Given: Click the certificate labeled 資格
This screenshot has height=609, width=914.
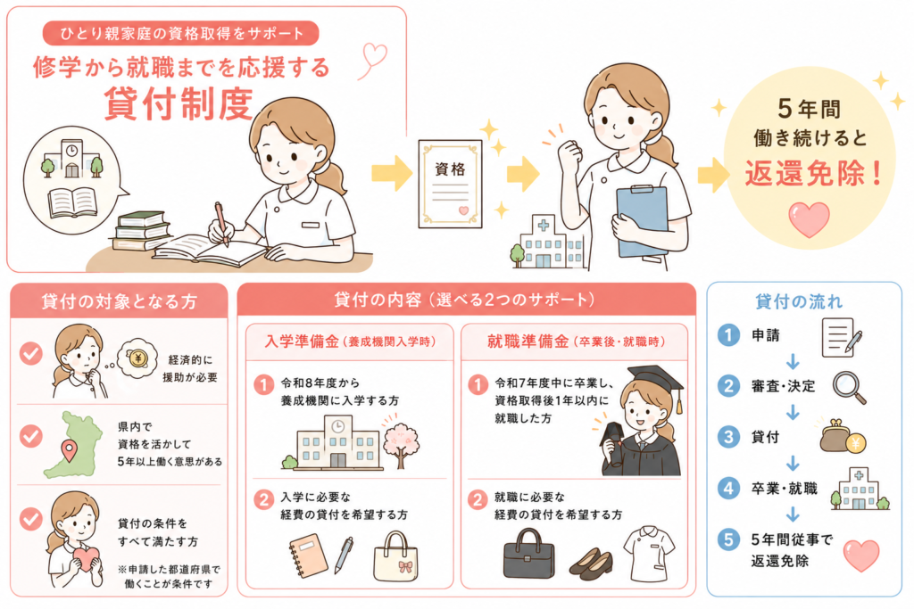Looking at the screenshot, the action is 450,184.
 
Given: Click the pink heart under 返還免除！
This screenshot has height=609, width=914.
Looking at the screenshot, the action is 809,219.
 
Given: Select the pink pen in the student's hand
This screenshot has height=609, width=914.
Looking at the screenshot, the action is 222,224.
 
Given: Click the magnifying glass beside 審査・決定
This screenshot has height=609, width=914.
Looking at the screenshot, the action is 850,387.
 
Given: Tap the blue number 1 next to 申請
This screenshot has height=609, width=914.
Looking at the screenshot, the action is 728,334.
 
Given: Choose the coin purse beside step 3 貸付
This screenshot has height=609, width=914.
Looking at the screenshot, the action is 842,437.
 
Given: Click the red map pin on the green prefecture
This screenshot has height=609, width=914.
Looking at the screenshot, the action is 70,450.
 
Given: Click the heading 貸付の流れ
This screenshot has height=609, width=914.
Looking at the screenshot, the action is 799,301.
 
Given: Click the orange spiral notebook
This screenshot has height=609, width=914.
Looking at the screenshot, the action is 309,556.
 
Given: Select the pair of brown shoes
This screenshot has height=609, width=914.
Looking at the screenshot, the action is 591,562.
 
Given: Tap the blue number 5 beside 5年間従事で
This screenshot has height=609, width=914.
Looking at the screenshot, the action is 728,539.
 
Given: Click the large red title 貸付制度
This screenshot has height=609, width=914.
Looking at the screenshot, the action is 179,104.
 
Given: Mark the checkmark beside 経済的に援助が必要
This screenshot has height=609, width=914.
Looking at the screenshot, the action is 31,353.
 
